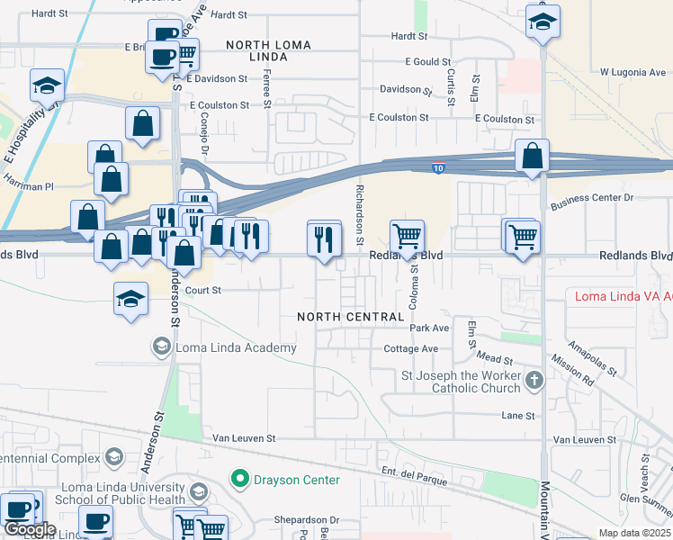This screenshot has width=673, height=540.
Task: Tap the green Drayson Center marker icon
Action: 239,479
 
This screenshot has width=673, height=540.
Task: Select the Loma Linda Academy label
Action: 237,348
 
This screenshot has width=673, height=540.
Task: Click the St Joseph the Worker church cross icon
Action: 534,380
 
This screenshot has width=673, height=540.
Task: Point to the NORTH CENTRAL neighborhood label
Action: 351,317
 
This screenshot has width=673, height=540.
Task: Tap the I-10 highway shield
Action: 438,167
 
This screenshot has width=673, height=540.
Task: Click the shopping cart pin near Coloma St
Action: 407,238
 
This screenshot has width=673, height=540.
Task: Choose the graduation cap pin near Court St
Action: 131,299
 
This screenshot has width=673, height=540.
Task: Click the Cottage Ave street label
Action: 410,349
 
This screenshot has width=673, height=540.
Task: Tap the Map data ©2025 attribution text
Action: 634,533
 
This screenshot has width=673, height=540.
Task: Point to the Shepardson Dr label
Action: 307,520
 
